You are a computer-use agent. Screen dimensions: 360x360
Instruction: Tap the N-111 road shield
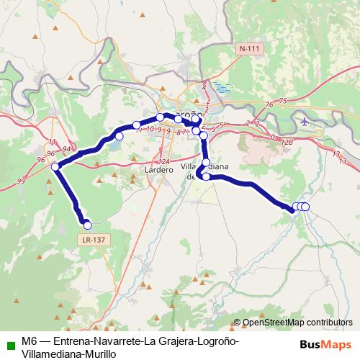[x=247, y=48]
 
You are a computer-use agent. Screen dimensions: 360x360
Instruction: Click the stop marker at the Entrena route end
[x=88, y=225]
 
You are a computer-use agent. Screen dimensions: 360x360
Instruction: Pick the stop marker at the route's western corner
[x=55, y=167]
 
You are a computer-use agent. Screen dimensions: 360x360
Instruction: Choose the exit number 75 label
[x=283, y=101]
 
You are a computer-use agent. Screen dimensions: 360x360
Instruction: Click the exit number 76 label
[x=269, y=106]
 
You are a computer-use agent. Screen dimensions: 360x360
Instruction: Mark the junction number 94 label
[x=67, y=149]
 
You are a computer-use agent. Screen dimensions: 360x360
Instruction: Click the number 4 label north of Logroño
[x=204, y=87]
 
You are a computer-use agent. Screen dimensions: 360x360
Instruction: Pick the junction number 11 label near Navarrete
[x=53, y=141]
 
